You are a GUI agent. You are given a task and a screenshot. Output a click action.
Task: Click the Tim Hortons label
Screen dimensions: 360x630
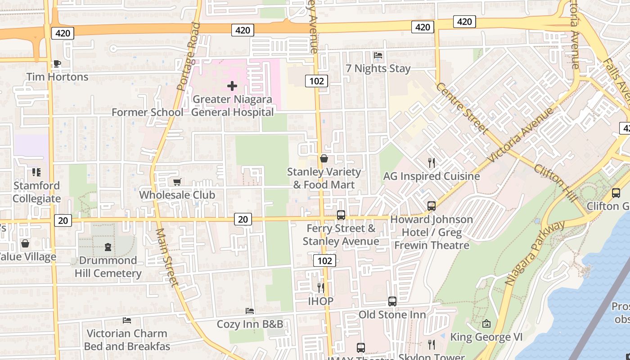(x=57, y=77)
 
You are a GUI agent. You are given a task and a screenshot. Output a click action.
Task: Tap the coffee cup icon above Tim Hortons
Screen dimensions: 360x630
(x=57, y=64)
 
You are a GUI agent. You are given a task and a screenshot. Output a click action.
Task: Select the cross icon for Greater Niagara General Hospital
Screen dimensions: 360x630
(x=232, y=85)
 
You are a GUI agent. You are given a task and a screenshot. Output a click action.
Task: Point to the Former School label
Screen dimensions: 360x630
(x=147, y=112)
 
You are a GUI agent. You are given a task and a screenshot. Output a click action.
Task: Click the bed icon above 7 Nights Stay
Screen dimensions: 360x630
(x=378, y=55)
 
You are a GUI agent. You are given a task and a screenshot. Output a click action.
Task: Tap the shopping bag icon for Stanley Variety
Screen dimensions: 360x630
(x=324, y=158)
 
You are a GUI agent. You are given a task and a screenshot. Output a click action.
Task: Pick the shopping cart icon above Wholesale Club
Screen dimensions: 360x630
(x=177, y=182)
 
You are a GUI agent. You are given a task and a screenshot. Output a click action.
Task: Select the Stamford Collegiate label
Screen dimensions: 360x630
(x=36, y=192)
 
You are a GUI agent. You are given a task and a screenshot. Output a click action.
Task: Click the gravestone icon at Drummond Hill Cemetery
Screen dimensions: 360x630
(x=108, y=247)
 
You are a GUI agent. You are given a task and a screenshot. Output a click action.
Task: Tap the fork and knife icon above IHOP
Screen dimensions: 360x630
(x=321, y=288)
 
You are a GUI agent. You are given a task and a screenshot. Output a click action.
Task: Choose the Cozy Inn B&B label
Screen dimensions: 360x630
(x=250, y=324)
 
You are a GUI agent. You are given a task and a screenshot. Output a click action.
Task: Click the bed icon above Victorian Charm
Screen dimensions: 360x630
(x=127, y=320)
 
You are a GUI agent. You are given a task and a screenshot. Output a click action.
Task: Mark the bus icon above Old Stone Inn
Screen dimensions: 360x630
(x=392, y=301)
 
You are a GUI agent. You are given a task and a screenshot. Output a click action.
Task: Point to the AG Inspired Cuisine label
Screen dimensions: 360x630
(x=431, y=176)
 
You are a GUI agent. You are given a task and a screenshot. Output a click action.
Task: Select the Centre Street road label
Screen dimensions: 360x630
(x=462, y=108)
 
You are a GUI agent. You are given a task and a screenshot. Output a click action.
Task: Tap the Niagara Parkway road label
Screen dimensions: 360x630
(x=534, y=253)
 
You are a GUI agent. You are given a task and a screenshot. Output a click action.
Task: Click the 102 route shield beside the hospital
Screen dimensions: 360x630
(x=316, y=81)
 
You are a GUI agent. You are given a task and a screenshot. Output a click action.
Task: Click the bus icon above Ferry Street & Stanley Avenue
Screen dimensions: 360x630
(x=341, y=215)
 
